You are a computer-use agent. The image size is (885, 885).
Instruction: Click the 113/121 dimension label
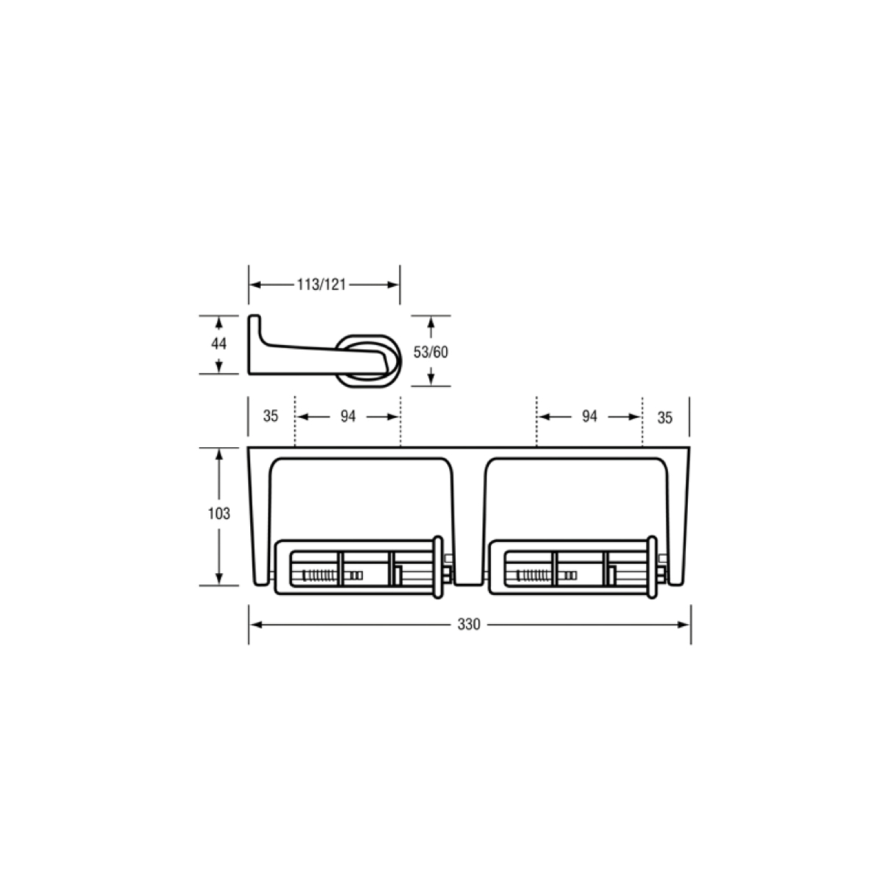coord(321,285)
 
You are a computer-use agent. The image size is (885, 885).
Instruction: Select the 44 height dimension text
coord(218,344)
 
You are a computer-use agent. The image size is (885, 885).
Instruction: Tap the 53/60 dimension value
coord(430,353)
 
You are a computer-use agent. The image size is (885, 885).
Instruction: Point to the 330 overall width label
coord(468,625)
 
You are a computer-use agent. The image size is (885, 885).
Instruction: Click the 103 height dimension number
coord(219,513)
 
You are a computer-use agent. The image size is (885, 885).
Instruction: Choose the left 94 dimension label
coord(348,417)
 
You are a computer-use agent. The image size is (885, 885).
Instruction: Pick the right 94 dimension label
coord(589,417)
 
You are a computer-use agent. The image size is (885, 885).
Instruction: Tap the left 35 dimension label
coord(271,416)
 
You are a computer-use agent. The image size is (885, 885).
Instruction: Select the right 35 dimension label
coord(664,417)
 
